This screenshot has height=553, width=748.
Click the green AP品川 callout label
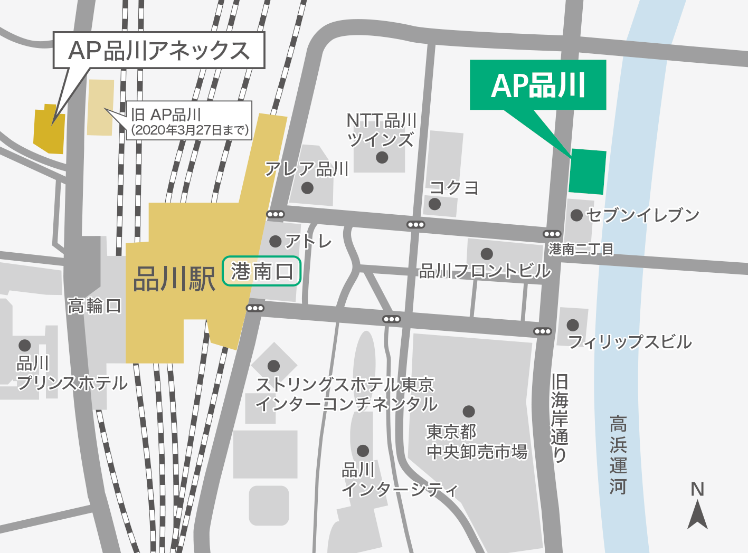point(537,85)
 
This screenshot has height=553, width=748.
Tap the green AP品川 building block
point(587,171)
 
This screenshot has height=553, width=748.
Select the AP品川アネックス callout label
point(158,50)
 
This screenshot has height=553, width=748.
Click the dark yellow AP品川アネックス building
point(49,131)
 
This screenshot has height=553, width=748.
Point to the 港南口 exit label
point(261,271)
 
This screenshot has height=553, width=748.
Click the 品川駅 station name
point(174,279)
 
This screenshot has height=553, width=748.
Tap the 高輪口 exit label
point(94,306)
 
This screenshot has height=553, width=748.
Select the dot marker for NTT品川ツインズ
point(382,157)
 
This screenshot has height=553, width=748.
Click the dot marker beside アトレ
point(275,241)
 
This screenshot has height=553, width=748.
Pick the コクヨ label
point(455,188)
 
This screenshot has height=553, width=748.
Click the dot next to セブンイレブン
point(576,215)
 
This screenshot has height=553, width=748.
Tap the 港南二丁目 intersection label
point(581,249)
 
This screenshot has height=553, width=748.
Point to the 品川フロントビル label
point(485,271)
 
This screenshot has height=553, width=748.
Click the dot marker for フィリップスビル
point(573,325)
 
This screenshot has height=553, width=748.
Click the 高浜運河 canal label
point(618,455)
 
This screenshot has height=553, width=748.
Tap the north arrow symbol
point(697,513)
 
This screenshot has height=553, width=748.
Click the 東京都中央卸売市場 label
point(477,442)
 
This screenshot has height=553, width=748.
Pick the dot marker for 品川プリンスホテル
point(24,346)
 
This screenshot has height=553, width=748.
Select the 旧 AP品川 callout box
point(189,121)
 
